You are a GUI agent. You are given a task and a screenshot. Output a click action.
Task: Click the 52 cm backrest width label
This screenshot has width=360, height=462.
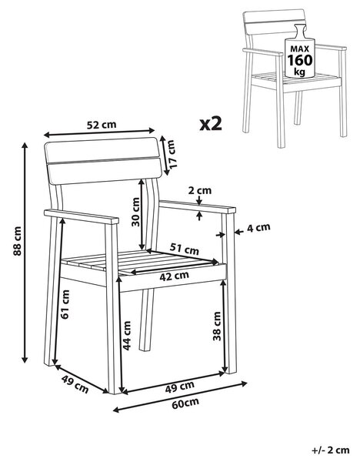tap(102, 125)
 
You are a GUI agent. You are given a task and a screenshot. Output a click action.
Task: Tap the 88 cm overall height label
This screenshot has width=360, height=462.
tap(17, 241)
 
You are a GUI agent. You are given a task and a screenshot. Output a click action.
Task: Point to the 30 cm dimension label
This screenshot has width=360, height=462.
tap(135, 212)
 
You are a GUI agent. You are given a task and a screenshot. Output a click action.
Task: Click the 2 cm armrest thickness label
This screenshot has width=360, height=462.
tap(200, 191)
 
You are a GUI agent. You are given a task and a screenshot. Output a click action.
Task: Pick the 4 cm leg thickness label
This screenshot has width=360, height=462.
tap(258, 227)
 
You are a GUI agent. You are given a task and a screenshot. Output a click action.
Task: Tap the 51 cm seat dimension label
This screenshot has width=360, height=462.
tap(185, 249)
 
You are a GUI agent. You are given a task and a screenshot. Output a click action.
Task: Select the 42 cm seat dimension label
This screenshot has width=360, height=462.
tap(174, 276)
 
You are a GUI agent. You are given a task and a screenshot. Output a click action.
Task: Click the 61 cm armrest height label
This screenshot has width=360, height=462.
tap(65, 304)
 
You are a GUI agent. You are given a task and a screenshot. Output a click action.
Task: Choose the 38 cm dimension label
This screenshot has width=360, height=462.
tap(217, 326)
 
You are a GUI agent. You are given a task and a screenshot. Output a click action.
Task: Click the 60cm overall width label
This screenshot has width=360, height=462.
tap(185, 403)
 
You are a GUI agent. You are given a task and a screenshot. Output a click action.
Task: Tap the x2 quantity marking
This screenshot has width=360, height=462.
tap(211, 124)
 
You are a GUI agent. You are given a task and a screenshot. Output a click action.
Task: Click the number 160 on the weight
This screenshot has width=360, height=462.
tap(300, 60)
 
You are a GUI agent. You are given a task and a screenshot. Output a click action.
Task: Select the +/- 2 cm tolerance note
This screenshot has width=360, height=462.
tap(331, 450)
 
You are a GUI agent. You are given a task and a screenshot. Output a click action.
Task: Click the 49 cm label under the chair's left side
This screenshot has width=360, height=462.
tap(75, 384)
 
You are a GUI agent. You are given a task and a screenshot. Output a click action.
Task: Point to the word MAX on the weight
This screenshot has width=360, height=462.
tap(300, 49)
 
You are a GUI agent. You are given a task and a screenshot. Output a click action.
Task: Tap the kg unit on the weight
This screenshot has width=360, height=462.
tap(300, 72)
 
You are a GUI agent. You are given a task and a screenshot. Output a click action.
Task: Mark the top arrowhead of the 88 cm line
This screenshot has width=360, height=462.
tap(25, 145)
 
